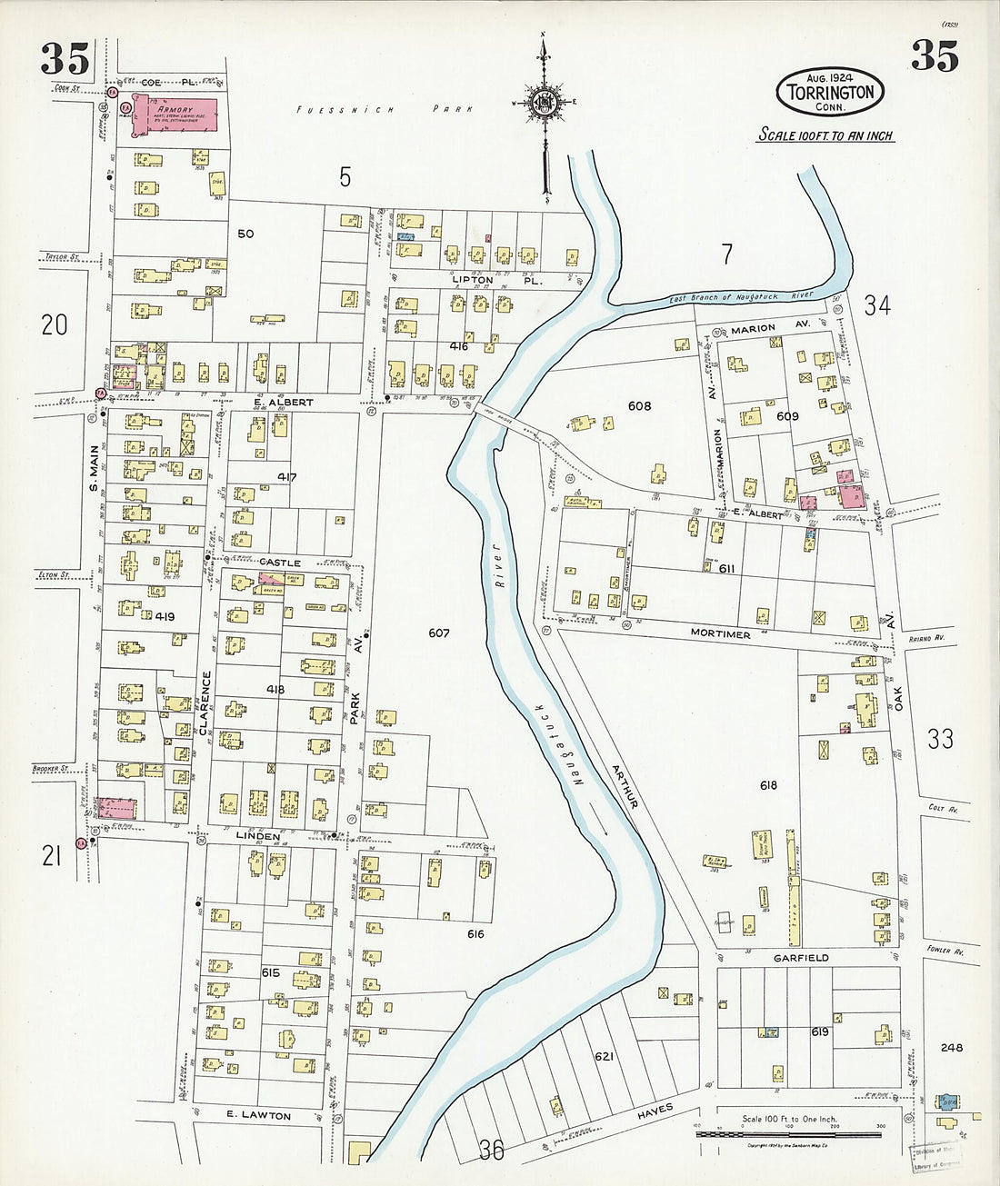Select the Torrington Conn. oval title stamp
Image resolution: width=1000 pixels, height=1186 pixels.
pos(830,92)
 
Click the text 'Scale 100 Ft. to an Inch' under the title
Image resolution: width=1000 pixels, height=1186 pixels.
pos(825,135)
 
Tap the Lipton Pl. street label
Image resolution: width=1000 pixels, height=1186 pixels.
pos(496,280)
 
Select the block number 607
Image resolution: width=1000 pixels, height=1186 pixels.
pos(439,633)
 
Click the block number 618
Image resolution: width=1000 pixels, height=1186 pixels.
pos(768,785)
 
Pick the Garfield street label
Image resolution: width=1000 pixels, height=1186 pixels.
pos(800,958)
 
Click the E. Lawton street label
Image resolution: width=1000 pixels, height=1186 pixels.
pos(259,1115)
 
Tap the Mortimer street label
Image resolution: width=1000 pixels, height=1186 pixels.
pos(720,634)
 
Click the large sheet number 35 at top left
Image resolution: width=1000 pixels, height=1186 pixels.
pos(65,59)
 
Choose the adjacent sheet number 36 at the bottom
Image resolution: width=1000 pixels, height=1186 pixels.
pos(491,1151)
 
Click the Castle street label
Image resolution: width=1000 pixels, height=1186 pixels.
pos(279,563)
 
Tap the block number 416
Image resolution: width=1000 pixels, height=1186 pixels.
pos(458,346)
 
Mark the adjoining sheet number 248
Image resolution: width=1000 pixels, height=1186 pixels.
pos(952,1047)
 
